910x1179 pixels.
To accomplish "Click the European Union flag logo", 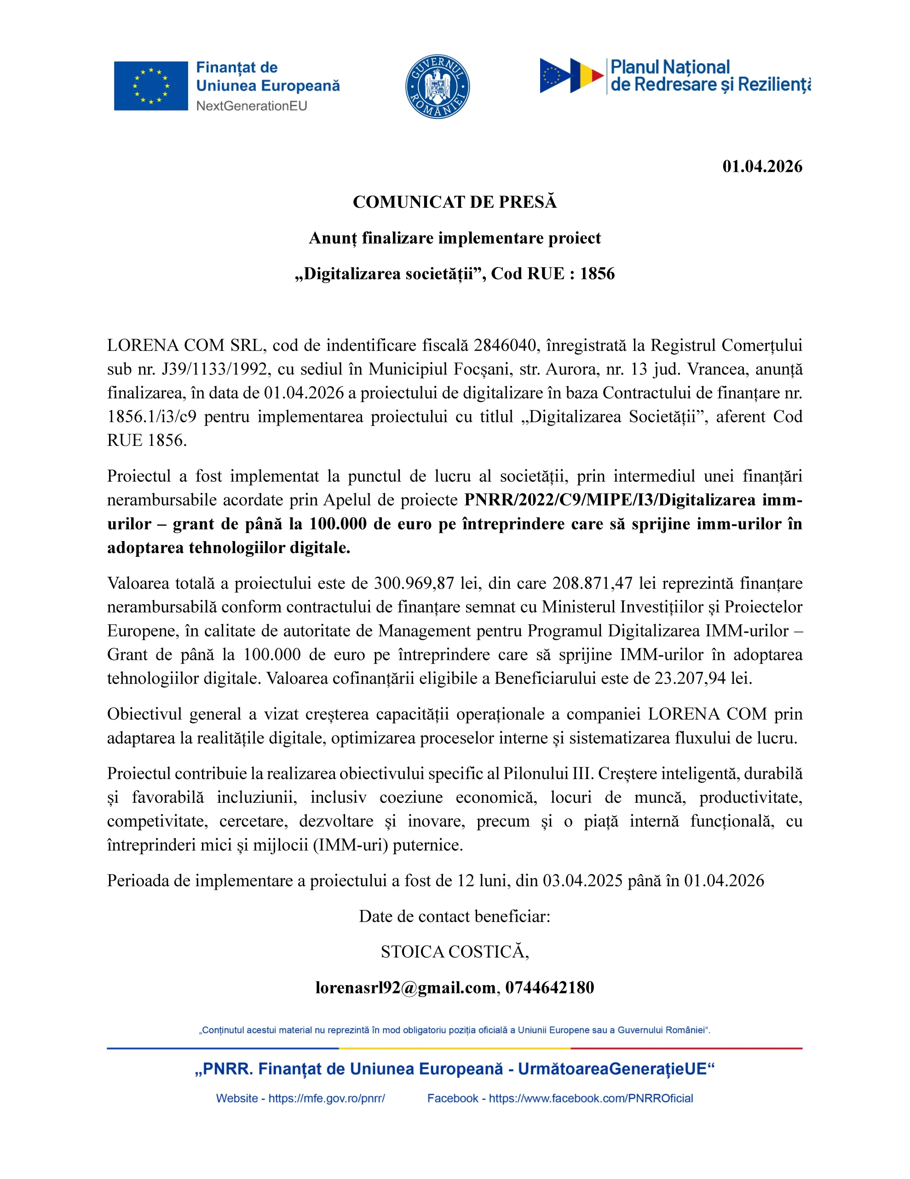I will pyautogui.click(x=150, y=86).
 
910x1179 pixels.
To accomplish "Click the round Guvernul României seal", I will pyautogui.click(x=437, y=87).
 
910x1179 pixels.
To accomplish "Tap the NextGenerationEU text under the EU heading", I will pyautogui.click(x=251, y=106).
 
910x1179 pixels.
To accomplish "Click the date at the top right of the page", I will pyautogui.click(x=762, y=166).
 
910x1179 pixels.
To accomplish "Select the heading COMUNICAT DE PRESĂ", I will pyautogui.click(x=454, y=202).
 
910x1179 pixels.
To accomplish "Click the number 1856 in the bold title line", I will pyautogui.click(x=597, y=274).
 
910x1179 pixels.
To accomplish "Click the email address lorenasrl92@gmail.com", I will pyautogui.click(x=405, y=987).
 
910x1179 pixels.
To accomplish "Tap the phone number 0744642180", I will pyautogui.click(x=549, y=987).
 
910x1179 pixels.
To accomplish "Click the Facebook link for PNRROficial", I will pyautogui.click(x=591, y=1098).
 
